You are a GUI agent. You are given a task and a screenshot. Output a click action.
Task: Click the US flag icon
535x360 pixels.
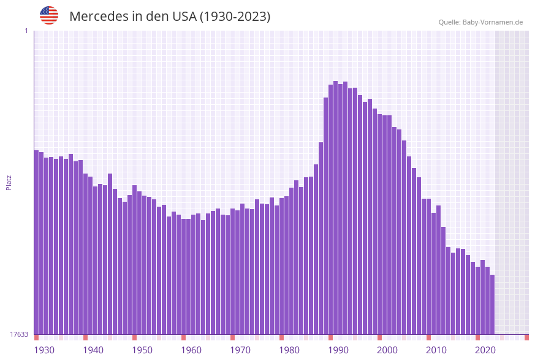(49, 15)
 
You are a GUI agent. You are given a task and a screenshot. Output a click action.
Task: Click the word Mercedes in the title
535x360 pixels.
(98, 17)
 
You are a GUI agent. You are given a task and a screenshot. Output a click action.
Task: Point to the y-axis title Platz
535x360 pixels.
(9, 182)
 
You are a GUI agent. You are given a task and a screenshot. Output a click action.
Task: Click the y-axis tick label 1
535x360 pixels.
(26, 31)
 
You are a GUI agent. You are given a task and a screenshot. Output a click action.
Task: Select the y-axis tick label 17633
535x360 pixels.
(19, 334)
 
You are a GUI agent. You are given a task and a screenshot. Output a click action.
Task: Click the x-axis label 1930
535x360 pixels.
(44, 350)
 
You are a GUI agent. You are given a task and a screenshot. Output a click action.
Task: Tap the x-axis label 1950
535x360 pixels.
(142, 350)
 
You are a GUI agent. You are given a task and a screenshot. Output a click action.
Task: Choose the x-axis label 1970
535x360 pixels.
(240, 350)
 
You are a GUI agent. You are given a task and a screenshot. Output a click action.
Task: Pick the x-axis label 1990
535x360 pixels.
(338, 350)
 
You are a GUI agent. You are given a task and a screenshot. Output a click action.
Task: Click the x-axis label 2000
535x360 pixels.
(387, 350)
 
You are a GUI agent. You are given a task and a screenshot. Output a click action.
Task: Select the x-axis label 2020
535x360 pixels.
(485, 350)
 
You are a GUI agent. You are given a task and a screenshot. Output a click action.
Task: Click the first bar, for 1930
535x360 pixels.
(36, 245)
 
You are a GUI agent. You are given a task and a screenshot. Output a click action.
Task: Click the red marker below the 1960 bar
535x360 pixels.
(183, 337)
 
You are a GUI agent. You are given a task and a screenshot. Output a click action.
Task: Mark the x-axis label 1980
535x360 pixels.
(289, 350)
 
